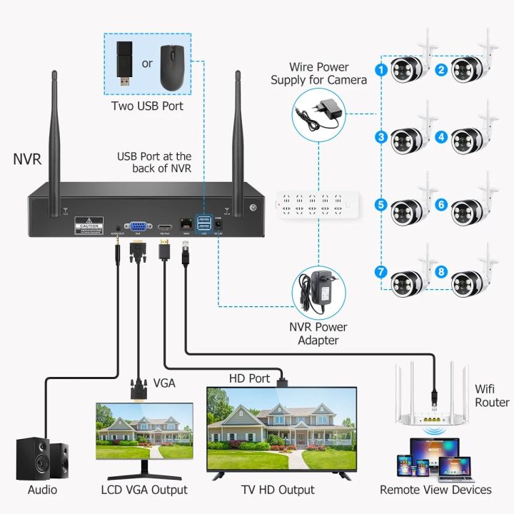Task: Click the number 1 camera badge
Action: click(x=382, y=69)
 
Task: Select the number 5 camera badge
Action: click(x=382, y=204)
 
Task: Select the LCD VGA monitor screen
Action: click(x=144, y=430)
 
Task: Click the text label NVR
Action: click(x=26, y=157)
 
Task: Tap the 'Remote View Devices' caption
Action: click(x=435, y=490)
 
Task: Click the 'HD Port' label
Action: click(x=249, y=378)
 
